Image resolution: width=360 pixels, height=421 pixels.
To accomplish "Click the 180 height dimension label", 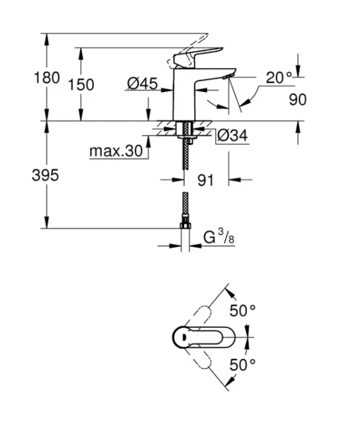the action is [x=47, y=78].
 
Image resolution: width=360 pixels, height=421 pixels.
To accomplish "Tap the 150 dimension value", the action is [x=81, y=85].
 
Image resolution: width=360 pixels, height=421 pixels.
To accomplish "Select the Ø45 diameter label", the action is [x=142, y=83].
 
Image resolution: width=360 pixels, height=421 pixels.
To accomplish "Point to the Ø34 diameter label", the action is [x=232, y=135].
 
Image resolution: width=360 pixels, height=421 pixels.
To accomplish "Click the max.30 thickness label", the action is [x=116, y=151].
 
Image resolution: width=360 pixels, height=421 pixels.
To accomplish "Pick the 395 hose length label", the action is [x=45, y=175].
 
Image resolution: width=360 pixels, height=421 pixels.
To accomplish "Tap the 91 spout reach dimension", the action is [x=205, y=180].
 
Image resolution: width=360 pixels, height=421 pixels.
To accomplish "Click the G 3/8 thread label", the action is [x=219, y=236].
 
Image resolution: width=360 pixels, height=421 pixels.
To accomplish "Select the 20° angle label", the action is [x=279, y=78].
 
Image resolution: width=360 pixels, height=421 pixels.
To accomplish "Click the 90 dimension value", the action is [x=297, y=99].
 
